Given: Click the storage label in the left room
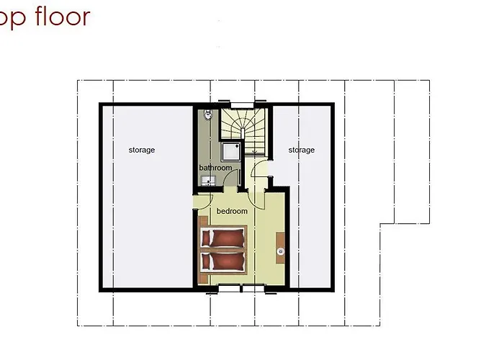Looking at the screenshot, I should point(142,150).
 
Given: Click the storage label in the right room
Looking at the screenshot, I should point(301,150).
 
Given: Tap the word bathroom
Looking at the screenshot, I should point(215,168).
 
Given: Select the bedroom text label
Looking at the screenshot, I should point(232,211).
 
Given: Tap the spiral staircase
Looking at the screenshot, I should point(242,126).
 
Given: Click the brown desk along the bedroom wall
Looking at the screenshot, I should point(281,251).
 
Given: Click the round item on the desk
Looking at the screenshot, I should point(280,251).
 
